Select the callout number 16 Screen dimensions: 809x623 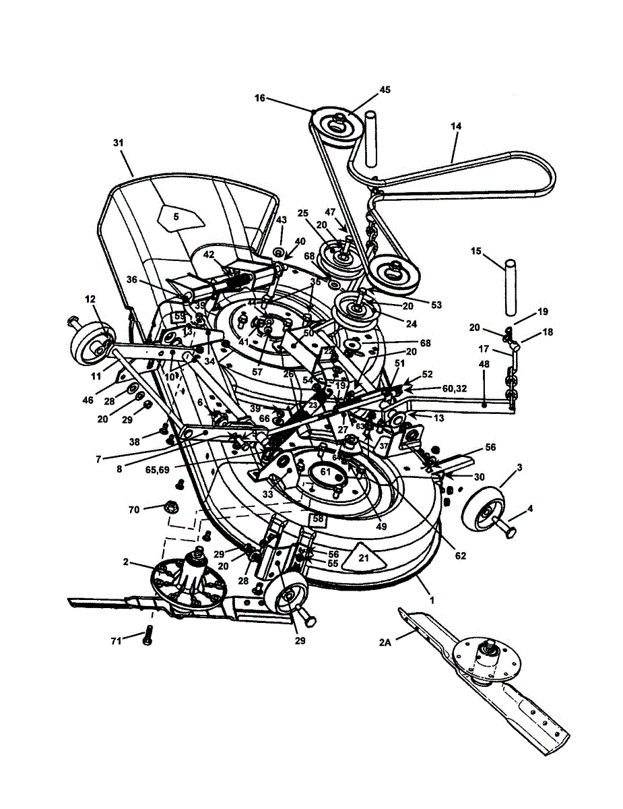pyautogui.click(x=260, y=98)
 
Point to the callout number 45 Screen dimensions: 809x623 pyautogui.click(x=385, y=90)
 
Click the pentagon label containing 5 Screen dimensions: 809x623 pyautogui.click(x=176, y=216)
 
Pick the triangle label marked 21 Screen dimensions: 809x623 pyautogui.click(x=363, y=558)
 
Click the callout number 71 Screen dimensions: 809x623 pyautogui.click(x=115, y=641)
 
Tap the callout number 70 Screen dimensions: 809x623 pyautogui.click(x=134, y=510)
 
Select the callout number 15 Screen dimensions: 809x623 pyautogui.click(x=476, y=251)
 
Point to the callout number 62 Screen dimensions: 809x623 pyautogui.click(x=460, y=556)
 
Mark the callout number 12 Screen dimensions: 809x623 pyautogui.click(x=90, y=299)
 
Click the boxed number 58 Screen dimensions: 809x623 pyautogui.click(x=317, y=519)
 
